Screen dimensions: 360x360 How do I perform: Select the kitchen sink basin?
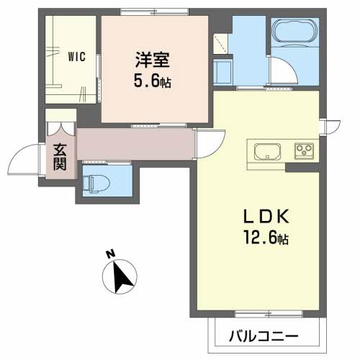coord(267,152)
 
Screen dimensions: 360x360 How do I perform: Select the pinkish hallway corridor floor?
coord(137,144)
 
